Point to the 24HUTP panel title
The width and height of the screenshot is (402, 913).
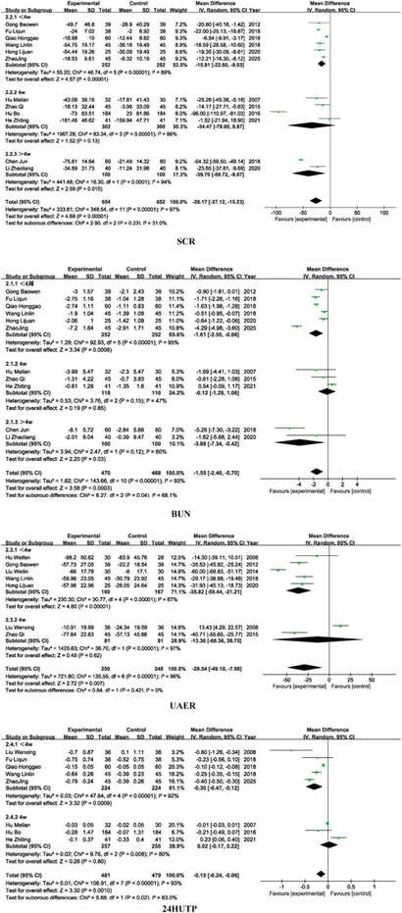[x=201, y=904]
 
